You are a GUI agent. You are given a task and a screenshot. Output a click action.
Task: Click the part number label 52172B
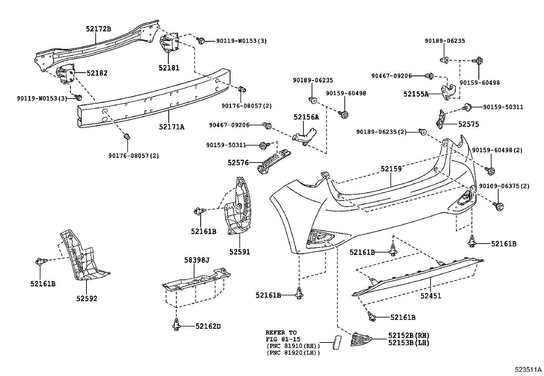[x=98, y=29]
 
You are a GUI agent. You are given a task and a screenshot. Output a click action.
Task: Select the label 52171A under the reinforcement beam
[x=172, y=127]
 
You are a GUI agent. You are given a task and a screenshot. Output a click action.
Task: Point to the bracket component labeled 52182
[x=65, y=73]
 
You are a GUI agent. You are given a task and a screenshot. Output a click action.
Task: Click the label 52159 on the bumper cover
[x=391, y=169]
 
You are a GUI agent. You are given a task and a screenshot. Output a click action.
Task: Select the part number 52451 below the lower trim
[x=431, y=296]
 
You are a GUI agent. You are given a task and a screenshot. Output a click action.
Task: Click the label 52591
[x=240, y=252]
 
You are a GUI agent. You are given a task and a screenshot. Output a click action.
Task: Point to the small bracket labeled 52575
[x=440, y=119]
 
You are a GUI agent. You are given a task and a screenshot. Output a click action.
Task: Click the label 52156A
[x=306, y=117]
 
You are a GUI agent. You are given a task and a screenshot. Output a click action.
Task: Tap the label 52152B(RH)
[x=409, y=335]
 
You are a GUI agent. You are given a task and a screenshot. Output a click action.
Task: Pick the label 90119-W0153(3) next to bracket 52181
[x=241, y=41]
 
